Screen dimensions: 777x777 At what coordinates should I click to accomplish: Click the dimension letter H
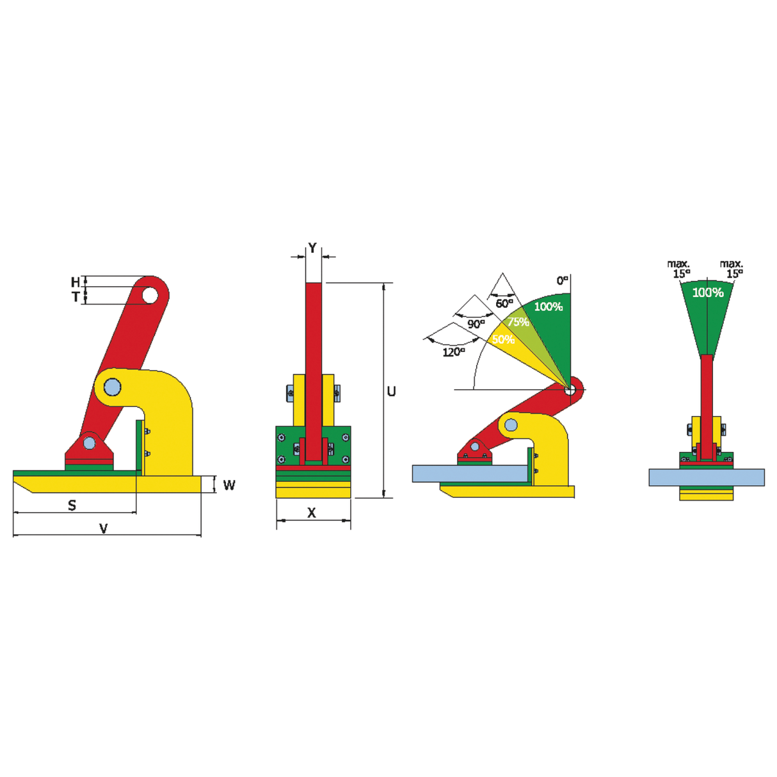pos(76,282)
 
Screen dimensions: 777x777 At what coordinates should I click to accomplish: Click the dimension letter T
pos(76,297)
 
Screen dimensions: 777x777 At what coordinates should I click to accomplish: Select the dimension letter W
pos(229,485)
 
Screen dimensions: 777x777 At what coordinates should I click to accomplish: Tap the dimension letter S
pos(72,505)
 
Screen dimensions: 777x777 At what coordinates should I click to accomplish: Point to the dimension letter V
pos(104,528)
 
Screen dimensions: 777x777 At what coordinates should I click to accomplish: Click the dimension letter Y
pos(312,247)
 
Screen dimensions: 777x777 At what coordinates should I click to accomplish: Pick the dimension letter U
pos(391,391)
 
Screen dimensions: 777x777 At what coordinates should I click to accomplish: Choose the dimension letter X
pos(312,513)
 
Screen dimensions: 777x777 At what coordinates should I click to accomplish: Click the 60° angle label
pos(504,303)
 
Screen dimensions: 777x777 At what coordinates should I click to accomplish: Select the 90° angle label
pos(477,324)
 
